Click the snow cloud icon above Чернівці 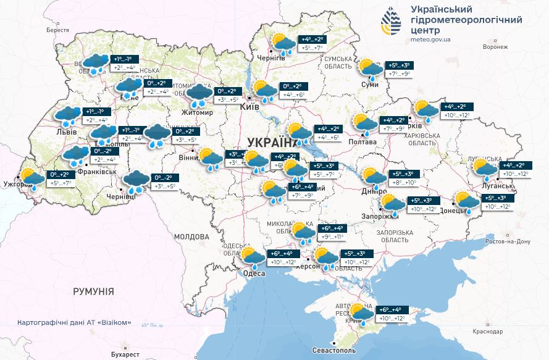pyautogui.click(x=136, y=182)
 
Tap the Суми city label pyautogui.click(x=370, y=84)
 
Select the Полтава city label pyautogui.click(x=363, y=141)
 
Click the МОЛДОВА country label pyautogui.click(x=191, y=237)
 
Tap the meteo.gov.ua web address pyautogui.click(x=430, y=40)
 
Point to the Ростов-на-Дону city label pyautogui.click(x=509, y=241)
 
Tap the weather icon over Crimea pyautogui.click(x=363, y=314)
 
